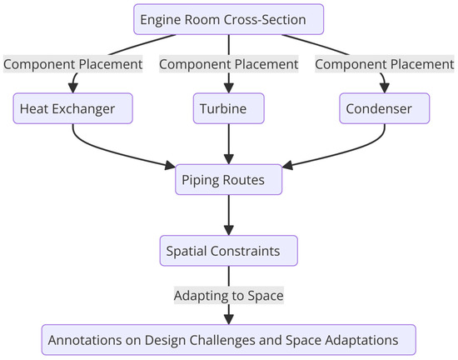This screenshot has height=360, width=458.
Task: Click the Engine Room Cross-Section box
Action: click(228, 19)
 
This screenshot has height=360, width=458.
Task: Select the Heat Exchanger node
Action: click(73, 107)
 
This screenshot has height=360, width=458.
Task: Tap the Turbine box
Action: click(228, 107)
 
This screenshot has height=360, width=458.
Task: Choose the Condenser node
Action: click(384, 107)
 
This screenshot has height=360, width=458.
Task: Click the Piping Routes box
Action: click(228, 179)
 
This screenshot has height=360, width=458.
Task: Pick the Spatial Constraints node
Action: click(228, 250)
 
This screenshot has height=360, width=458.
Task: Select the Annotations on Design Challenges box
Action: click(228, 339)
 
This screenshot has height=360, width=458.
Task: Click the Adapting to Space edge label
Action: click(228, 295)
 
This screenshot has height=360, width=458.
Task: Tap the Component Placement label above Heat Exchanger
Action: click(73, 63)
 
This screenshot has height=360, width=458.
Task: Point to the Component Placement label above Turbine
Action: click(228, 63)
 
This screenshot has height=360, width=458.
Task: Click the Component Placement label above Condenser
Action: click(384, 63)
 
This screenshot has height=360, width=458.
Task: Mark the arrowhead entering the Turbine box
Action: click(228, 87)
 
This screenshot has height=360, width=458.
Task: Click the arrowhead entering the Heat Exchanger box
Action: click(73, 87)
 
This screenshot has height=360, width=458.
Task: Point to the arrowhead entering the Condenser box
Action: click(384, 87)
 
